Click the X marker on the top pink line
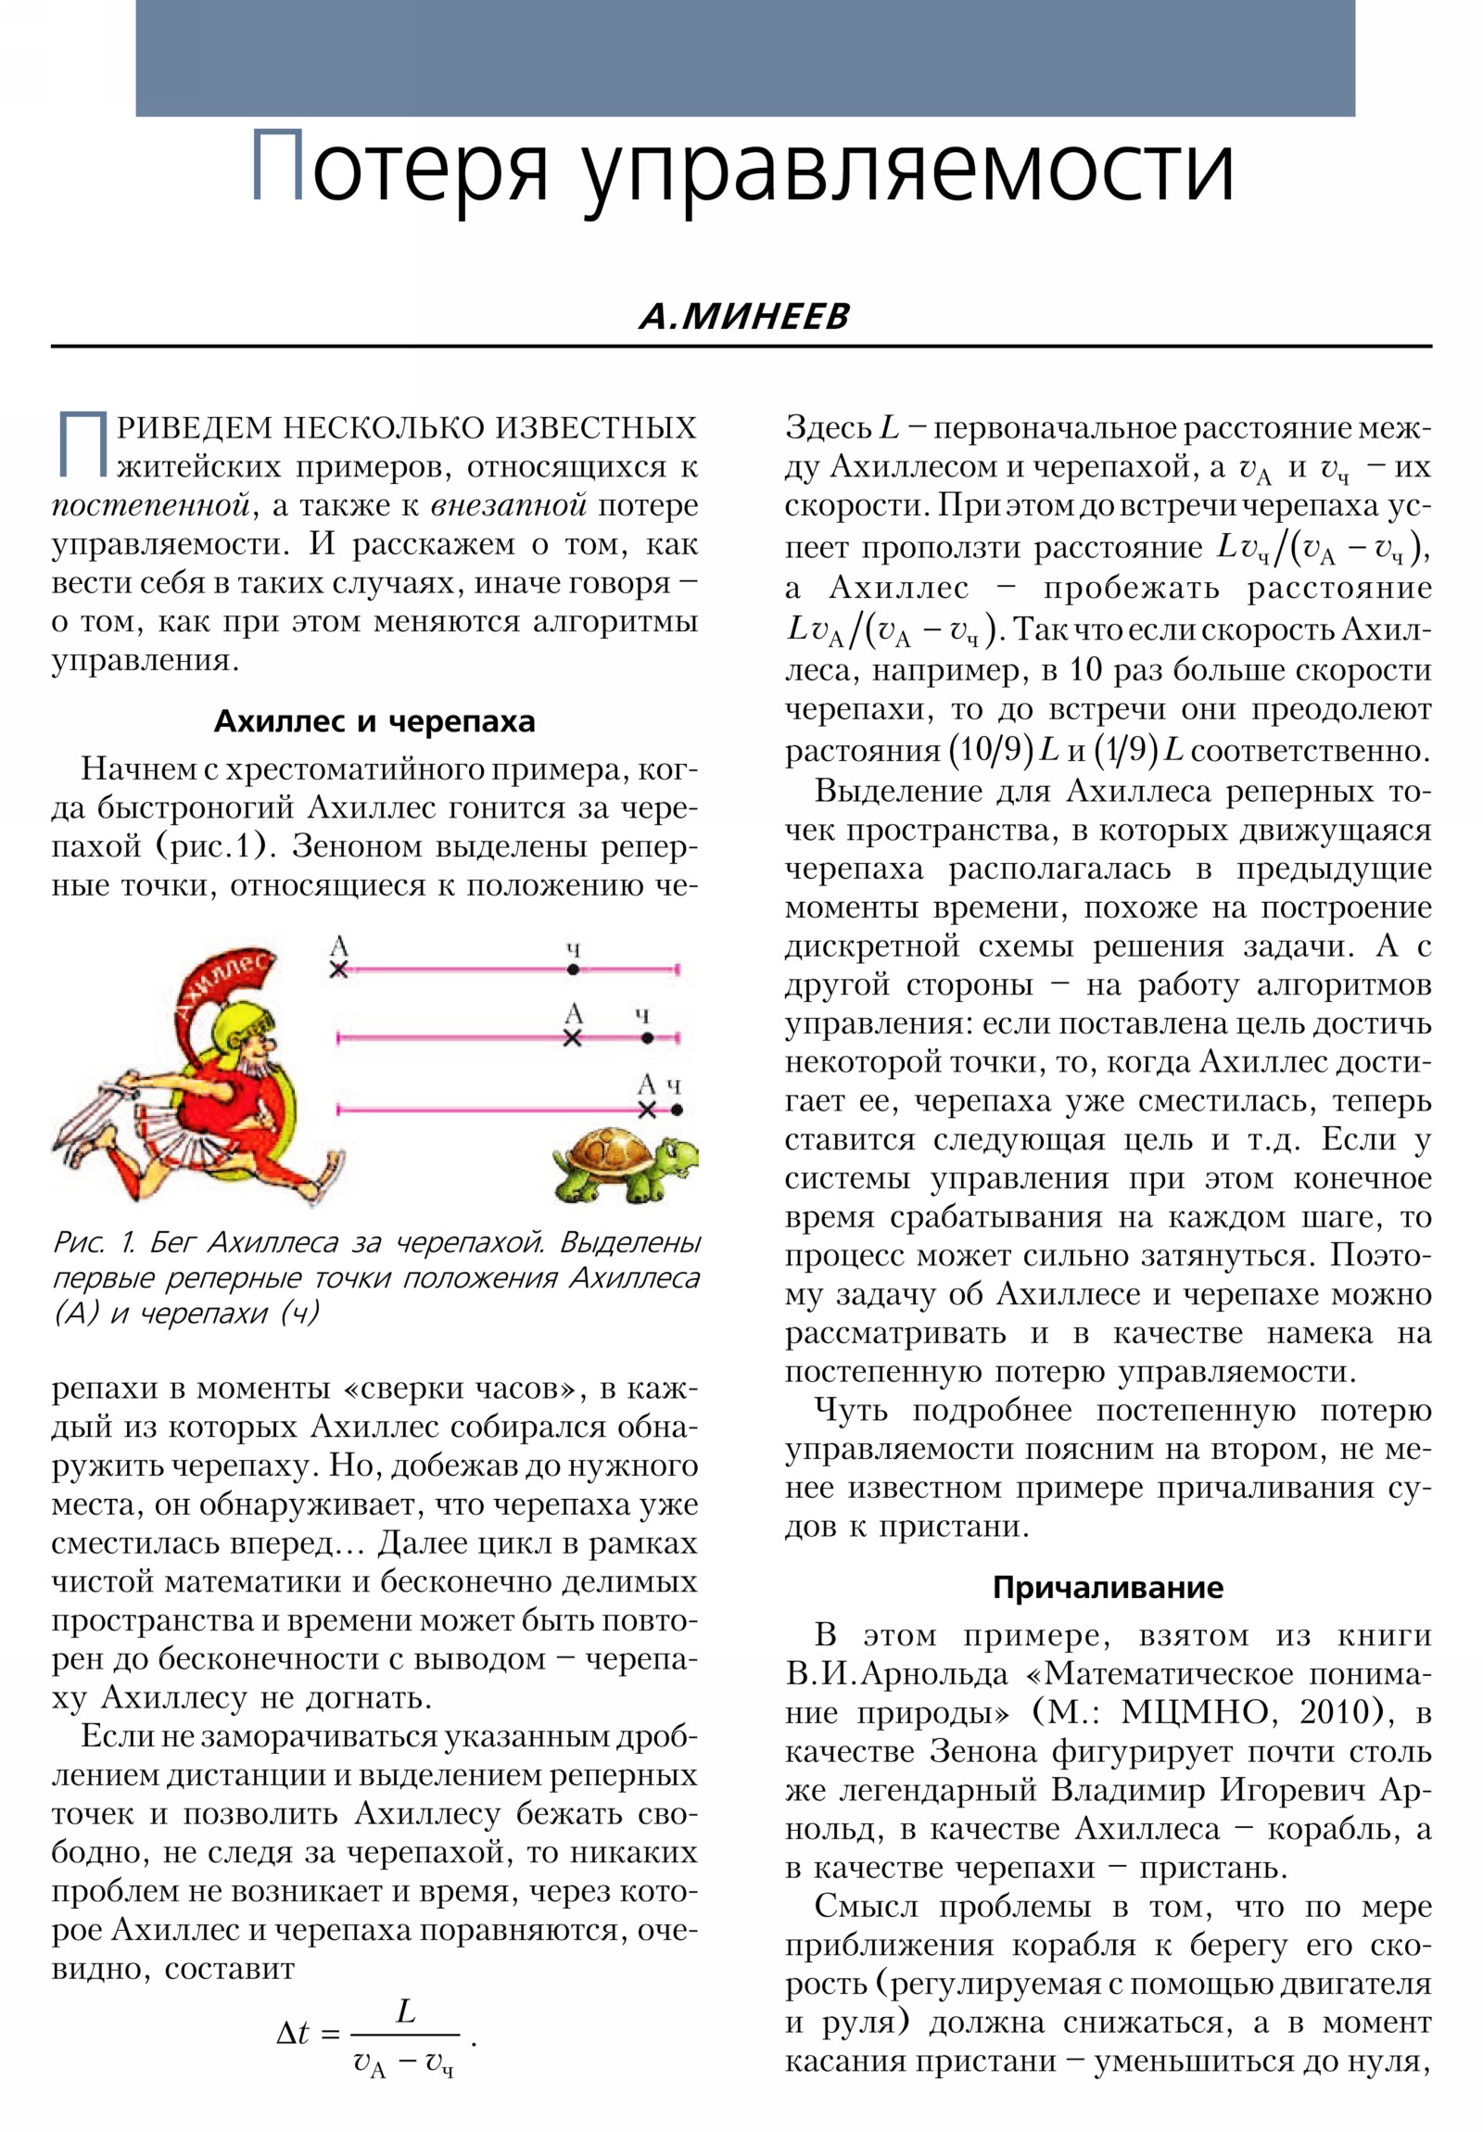click(339, 970)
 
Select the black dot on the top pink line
click(573, 970)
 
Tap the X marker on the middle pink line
click(573, 1038)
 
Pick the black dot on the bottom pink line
click(676, 1110)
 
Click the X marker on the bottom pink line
click(647, 1110)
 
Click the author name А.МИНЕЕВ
click(743, 317)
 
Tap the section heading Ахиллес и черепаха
click(374, 721)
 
